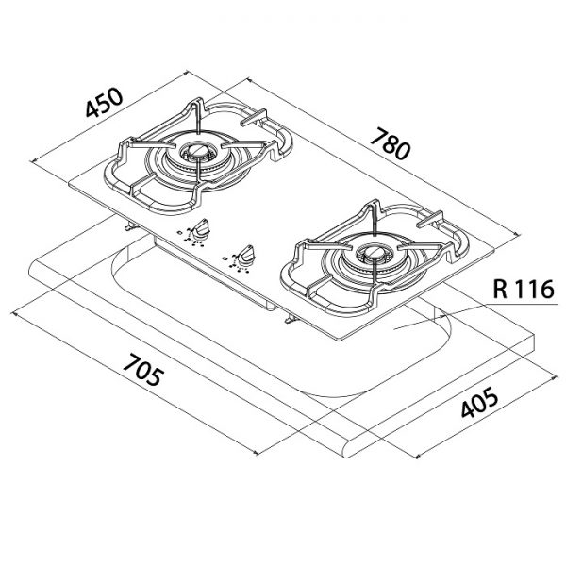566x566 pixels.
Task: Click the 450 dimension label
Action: point(105,102)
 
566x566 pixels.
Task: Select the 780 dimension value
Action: point(391,143)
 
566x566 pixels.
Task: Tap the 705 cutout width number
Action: point(141,370)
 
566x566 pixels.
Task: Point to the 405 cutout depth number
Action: point(480,402)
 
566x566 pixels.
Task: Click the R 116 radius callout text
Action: point(523,289)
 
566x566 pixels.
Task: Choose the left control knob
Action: point(201,228)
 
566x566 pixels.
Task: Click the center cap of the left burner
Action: point(198,151)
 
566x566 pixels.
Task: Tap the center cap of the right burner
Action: point(374,252)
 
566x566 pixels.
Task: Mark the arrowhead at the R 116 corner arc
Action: point(440,318)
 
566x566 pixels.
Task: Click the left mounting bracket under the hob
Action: point(129,226)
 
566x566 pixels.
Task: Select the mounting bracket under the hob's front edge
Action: point(291,320)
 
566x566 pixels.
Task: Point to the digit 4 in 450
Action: point(92,109)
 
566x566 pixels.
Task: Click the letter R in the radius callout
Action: point(500,289)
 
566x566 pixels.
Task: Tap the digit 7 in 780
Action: point(378,136)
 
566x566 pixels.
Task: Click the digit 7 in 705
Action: point(130,362)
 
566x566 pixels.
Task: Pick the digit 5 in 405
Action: point(491,395)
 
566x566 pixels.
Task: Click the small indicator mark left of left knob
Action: point(180,233)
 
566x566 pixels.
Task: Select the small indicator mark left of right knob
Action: point(225,258)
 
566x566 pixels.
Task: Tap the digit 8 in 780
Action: point(391,143)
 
